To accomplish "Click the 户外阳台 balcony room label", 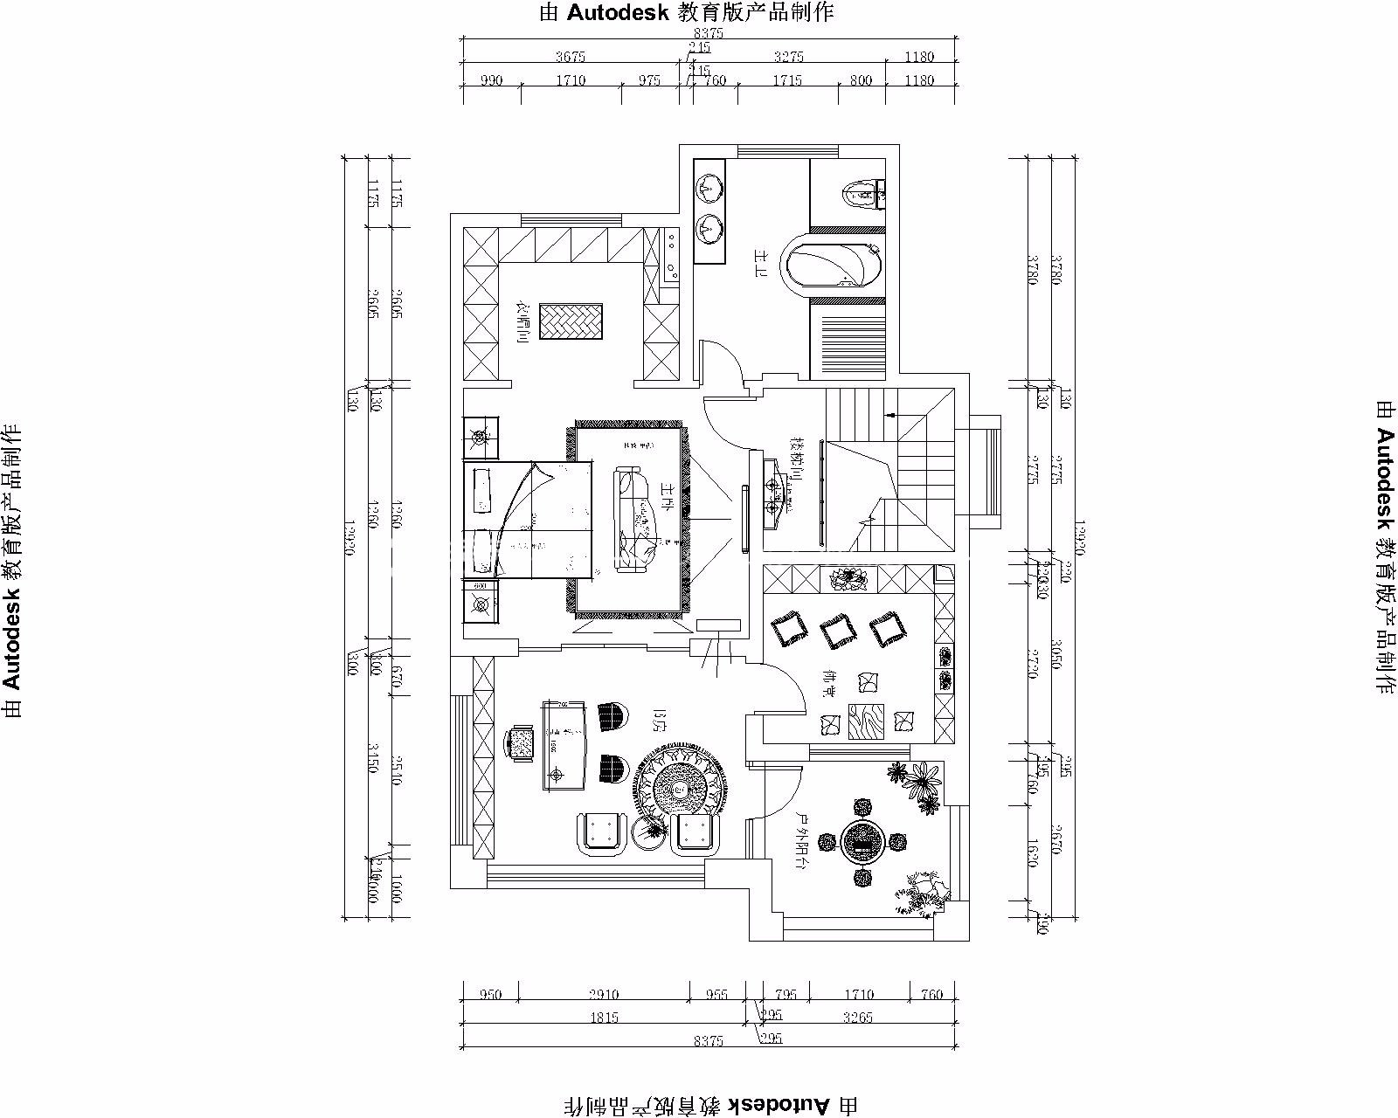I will click(800, 840).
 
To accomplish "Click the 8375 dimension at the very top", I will click(709, 34).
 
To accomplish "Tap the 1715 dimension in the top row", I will click(787, 80).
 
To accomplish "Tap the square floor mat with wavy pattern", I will click(866, 721).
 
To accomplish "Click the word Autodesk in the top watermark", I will click(619, 12).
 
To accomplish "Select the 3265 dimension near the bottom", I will click(855, 1018).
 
